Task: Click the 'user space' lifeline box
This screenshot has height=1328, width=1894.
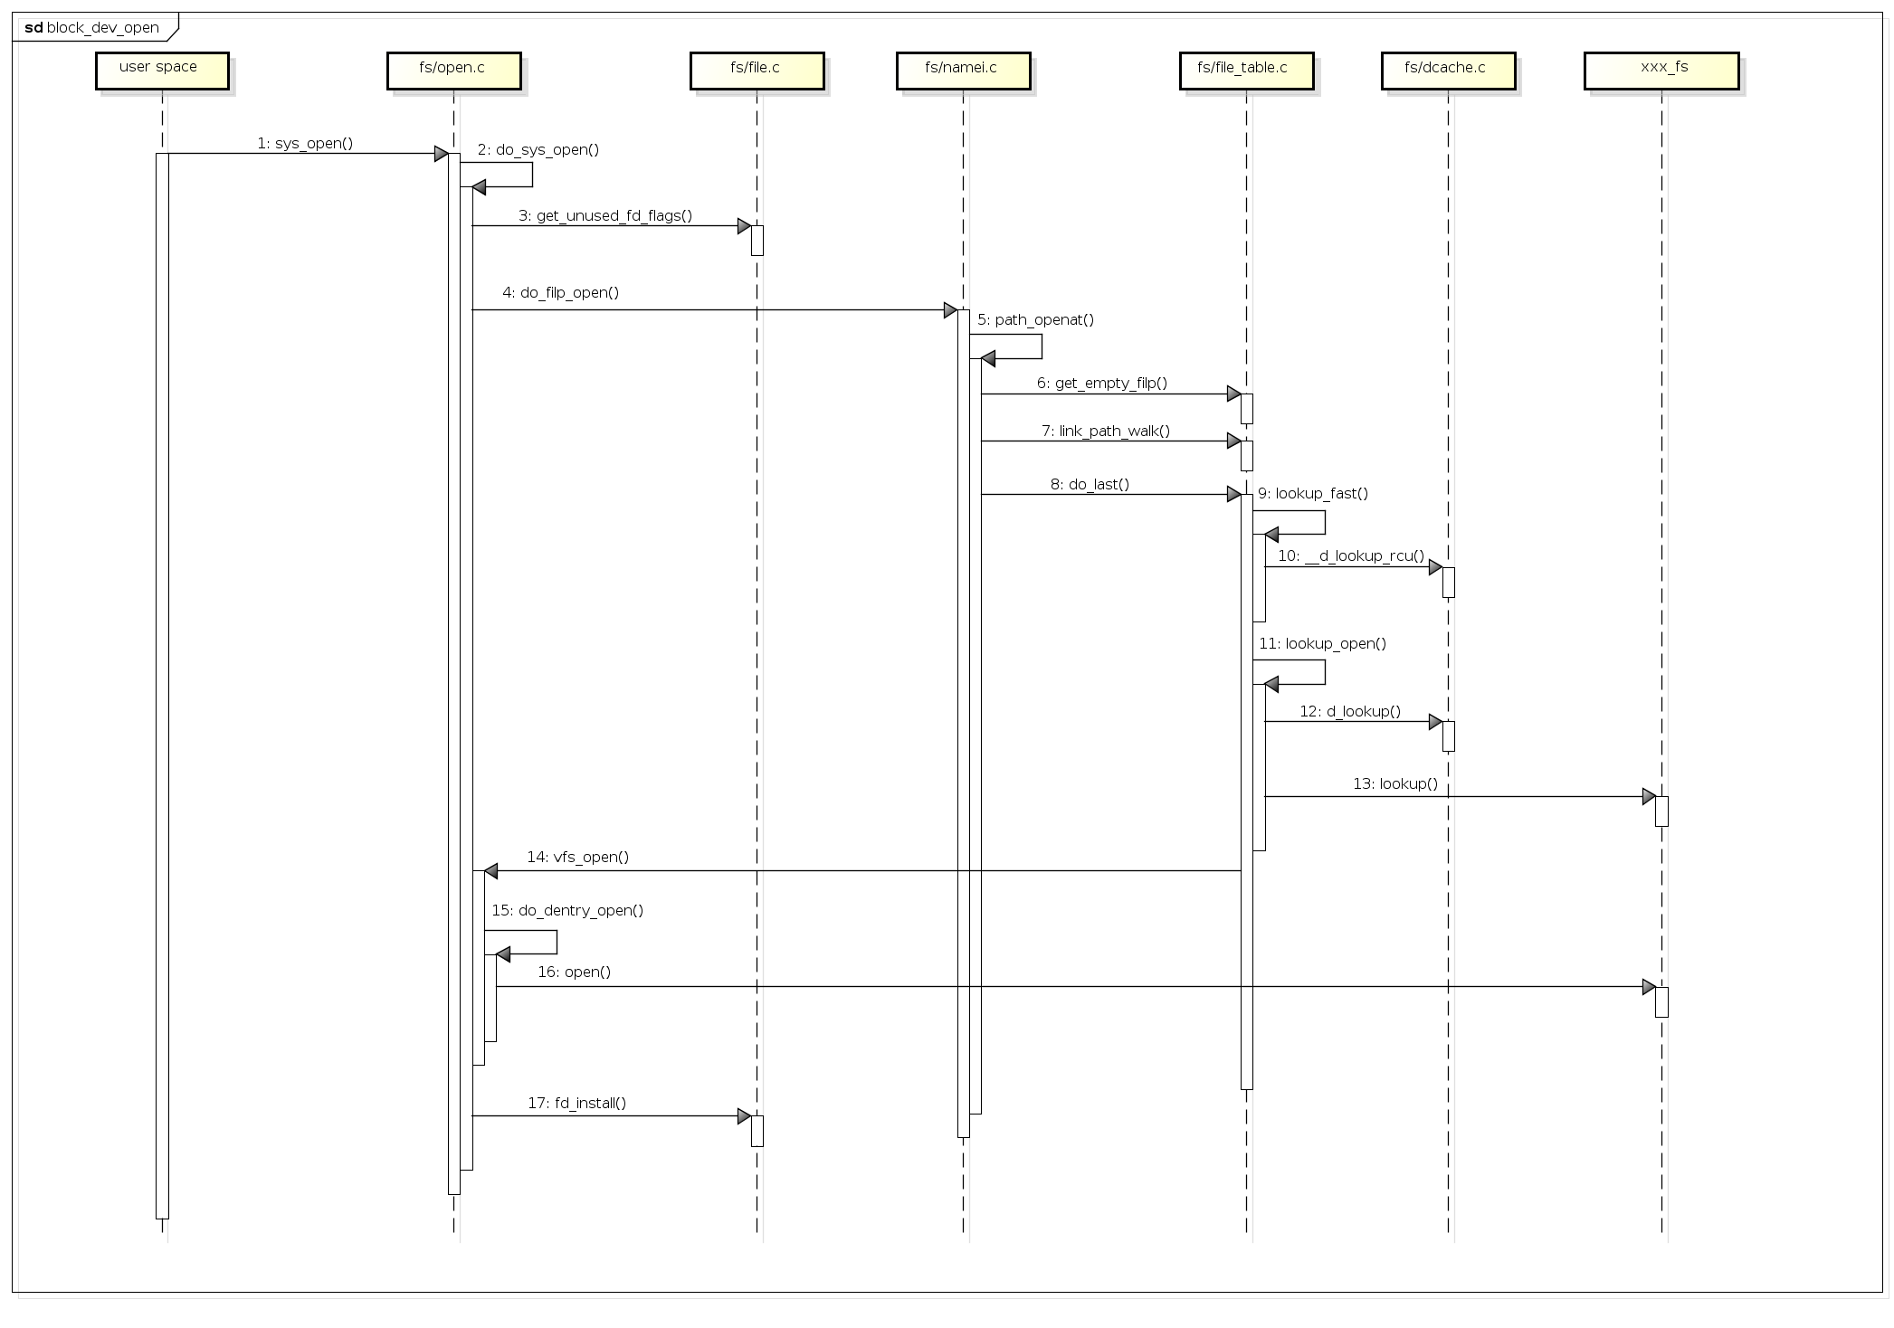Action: point(162,71)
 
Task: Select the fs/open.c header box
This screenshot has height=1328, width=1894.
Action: point(453,71)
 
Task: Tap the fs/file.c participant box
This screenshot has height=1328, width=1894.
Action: point(757,71)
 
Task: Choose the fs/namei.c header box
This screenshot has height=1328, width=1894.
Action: point(963,71)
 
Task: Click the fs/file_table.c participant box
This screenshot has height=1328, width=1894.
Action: point(1246,71)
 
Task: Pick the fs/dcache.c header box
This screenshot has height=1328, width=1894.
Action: point(1448,71)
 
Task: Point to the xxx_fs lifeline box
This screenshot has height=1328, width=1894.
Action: point(1661,71)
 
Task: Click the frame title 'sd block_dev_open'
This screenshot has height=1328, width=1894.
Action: point(92,28)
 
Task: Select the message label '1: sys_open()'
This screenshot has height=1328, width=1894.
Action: point(305,143)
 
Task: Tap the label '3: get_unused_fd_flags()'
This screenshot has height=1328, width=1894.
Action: point(605,215)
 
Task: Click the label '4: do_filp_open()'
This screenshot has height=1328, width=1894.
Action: point(561,292)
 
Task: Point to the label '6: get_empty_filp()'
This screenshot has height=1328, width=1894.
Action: point(1102,383)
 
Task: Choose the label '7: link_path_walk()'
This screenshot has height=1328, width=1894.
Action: point(1106,431)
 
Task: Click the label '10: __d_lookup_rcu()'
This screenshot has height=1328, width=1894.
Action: point(1351,555)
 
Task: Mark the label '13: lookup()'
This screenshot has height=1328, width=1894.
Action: point(1395,783)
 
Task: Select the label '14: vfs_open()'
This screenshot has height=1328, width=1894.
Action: point(578,857)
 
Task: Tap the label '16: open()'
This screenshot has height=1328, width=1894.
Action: point(575,972)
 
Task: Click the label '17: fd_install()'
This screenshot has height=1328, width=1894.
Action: point(577,1103)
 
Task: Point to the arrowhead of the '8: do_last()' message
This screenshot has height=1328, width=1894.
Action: point(1233,494)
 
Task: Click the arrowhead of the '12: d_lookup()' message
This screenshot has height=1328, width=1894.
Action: point(1435,722)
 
